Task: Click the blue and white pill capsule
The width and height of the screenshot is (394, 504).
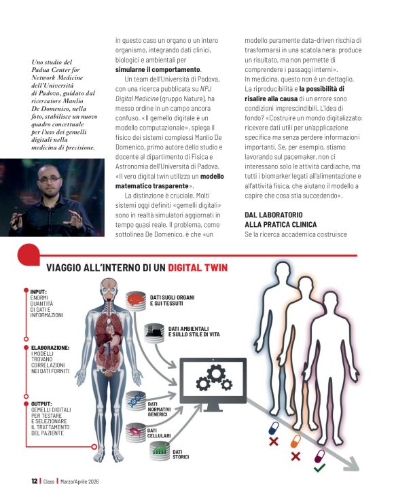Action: pyautogui.click(x=274, y=429)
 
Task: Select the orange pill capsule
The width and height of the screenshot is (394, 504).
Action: pyautogui.click(x=295, y=441)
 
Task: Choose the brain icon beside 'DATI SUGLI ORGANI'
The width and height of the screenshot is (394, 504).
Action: pyautogui.click(x=137, y=300)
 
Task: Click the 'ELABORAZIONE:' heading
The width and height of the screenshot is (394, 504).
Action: pyautogui.click(x=50, y=347)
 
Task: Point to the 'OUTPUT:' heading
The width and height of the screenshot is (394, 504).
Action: pyautogui.click(x=42, y=403)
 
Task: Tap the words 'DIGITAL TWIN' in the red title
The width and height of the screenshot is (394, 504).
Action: pyautogui.click(x=198, y=267)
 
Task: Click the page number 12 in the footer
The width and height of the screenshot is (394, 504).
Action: pyautogui.click(x=34, y=481)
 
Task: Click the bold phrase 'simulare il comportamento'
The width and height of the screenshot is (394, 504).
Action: pyautogui.click(x=158, y=70)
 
